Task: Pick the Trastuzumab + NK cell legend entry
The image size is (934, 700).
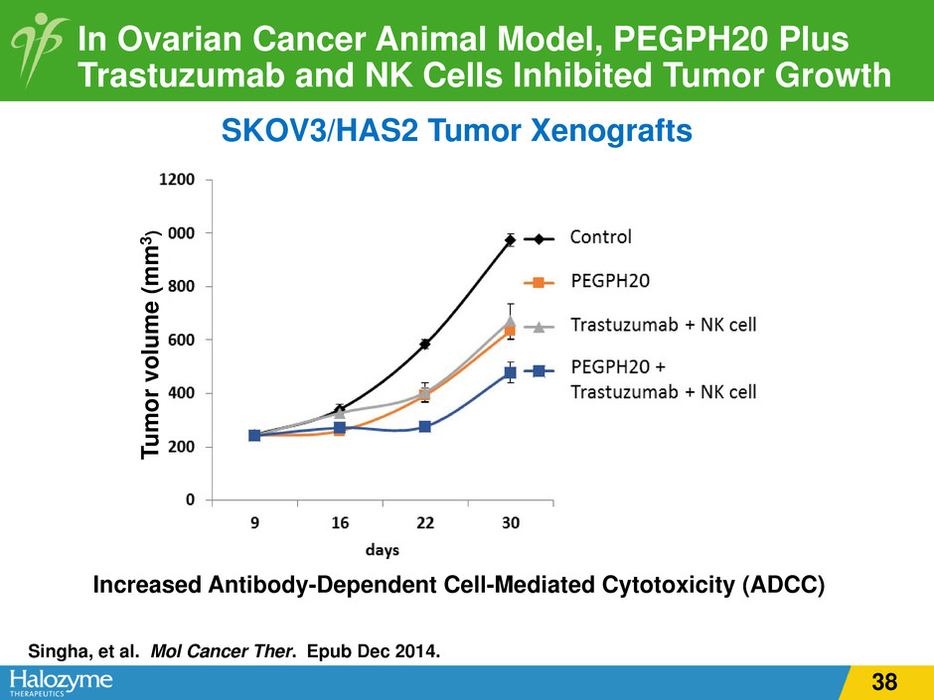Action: point(663,325)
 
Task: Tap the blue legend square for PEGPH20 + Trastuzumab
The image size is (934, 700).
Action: point(539,370)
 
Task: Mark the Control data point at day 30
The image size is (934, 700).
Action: point(510,240)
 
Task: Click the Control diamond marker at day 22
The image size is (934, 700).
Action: point(425,344)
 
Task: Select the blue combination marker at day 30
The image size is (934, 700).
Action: point(510,373)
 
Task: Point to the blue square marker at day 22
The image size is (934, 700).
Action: point(425,427)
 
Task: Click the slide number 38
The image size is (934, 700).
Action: point(883,681)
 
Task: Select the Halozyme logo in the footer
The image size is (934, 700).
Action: point(63,681)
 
